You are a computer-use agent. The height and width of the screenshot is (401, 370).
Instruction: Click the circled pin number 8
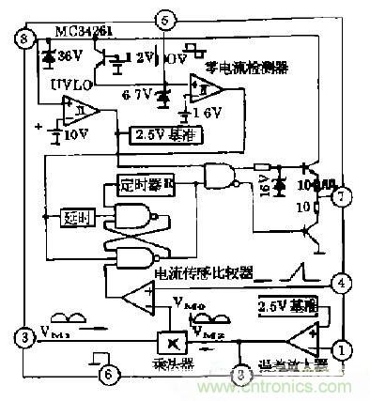pos(23,39)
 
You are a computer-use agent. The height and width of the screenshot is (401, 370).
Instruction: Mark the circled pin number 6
pos(110,373)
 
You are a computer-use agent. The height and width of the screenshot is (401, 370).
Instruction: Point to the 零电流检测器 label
pos(252,67)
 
